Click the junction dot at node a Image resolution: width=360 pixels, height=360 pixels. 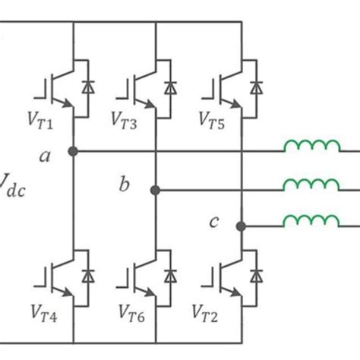(x=73, y=151)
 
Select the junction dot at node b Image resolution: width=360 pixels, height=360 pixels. (x=155, y=190)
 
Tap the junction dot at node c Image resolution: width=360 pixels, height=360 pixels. (x=241, y=226)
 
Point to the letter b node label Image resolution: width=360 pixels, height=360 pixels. (x=124, y=185)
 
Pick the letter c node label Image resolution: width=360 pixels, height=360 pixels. (x=215, y=222)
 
